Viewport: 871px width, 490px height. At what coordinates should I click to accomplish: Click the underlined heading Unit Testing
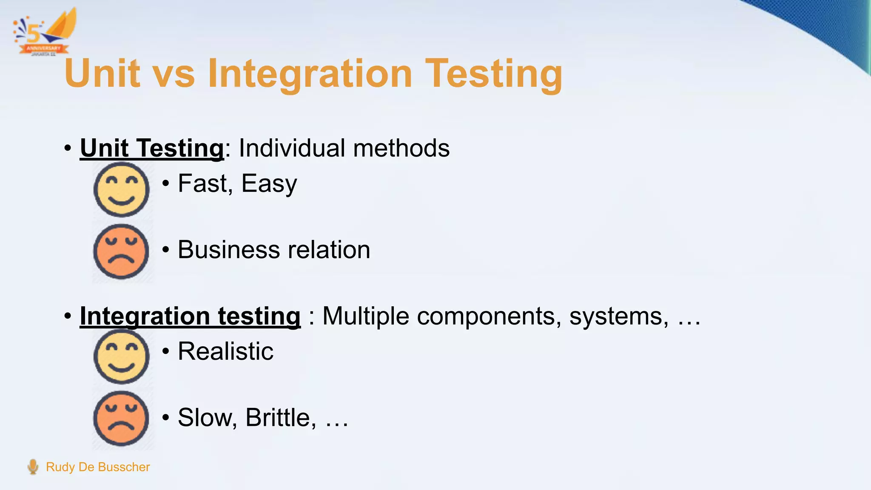click(152, 148)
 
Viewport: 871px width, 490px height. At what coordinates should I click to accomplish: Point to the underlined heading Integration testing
click(190, 316)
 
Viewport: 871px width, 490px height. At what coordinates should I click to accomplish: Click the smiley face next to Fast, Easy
click(121, 189)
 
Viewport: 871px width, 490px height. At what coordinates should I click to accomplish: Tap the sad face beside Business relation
click(121, 251)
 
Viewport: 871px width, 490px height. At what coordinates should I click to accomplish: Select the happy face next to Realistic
click(121, 356)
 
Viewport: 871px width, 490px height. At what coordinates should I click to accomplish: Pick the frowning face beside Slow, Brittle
click(121, 419)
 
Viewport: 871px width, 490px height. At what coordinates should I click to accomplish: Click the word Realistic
click(225, 351)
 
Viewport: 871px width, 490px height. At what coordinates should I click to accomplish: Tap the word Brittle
click(281, 417)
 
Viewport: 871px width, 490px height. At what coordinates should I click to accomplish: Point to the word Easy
click(269, 184)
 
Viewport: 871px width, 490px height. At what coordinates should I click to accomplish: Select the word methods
click(401, 148)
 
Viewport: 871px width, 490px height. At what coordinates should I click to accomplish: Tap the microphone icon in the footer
click(33, 467)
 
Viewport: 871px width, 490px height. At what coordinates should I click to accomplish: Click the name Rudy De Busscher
click(98, 467)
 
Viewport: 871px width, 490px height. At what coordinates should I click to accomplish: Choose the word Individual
click(292, 148)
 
